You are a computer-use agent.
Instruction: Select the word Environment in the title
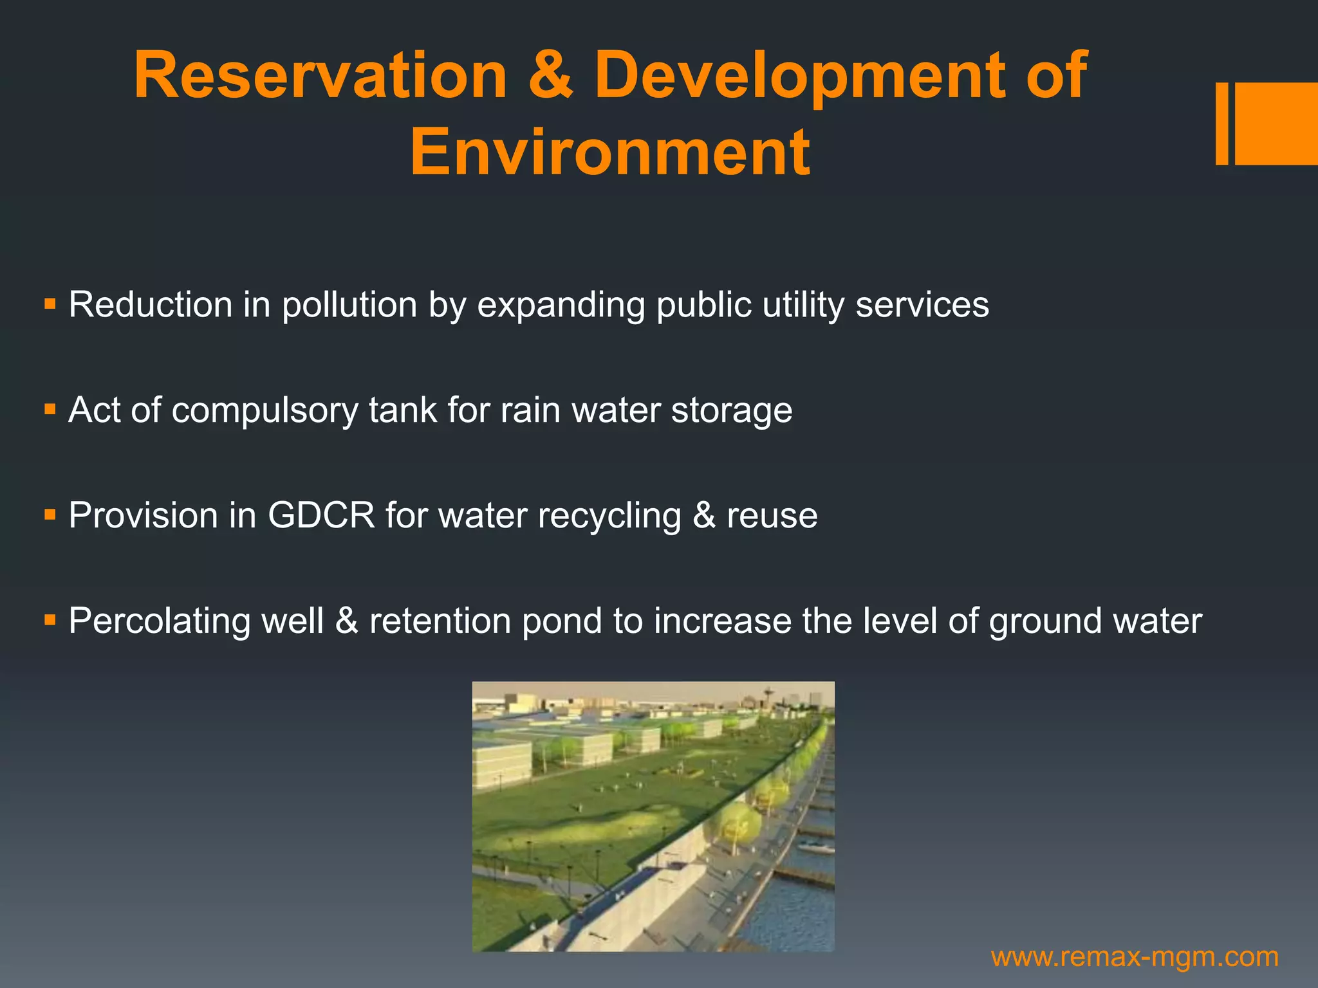(609, 152)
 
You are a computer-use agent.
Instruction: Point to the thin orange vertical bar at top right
(1221, 123)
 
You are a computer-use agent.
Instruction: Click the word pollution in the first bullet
(349, 304)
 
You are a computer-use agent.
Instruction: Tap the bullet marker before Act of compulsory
(50, 409)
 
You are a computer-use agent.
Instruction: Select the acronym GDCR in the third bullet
(320, 515)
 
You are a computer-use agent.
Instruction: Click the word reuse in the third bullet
(772, 515)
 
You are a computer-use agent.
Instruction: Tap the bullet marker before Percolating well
(50, 620)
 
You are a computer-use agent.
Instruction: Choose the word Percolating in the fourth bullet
(160, 621)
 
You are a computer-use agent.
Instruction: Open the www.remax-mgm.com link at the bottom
(1134, 957)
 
